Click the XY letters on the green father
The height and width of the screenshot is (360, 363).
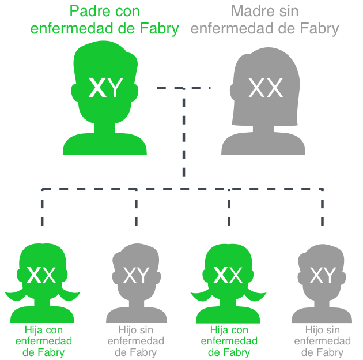105,87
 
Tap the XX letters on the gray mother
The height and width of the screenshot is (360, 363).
266,88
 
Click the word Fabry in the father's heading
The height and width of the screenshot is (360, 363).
160,28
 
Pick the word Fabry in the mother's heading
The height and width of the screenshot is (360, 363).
319,28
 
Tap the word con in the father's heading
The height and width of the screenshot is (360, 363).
128,12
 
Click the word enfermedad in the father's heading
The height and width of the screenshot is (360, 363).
73,28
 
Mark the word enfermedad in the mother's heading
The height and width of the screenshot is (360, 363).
232,28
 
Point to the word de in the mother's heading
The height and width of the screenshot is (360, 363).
287,28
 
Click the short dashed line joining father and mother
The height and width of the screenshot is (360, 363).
184,88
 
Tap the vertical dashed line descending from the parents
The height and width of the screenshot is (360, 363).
184,132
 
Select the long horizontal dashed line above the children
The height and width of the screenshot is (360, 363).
182,189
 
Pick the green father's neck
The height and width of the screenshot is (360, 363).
105,128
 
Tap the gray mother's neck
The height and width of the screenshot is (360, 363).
263,129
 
